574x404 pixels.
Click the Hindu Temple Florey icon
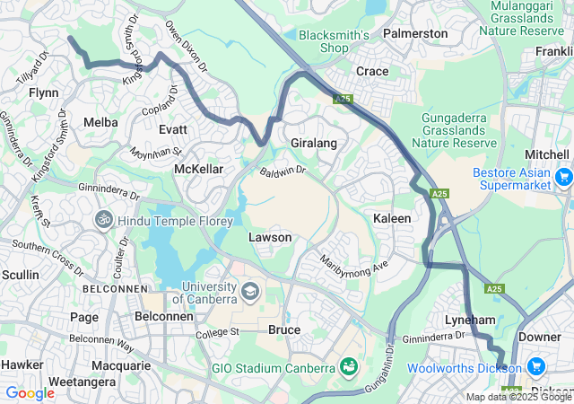[105, 218]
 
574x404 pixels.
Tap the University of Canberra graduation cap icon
[250, 292]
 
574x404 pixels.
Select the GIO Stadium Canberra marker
[348, 367]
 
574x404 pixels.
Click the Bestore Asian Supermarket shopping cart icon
[563, 177]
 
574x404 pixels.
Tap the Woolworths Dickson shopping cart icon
[536, 367]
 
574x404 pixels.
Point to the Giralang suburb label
[313, 143]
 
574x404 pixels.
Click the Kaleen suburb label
[392, 218]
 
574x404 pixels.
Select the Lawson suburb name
[270, 237]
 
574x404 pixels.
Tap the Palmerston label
[414, 33]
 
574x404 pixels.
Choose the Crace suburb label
[372, 71]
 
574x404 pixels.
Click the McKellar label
[198, 169]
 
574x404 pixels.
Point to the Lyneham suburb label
[470, 320]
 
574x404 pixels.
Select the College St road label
[222, 332]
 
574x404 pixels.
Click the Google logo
[30, 392]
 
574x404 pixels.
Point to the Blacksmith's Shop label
[335, 41]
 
